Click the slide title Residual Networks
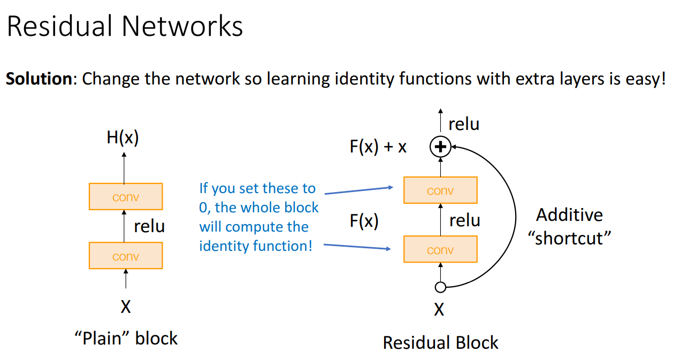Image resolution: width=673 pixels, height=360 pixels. point(125,27)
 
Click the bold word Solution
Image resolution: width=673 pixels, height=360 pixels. point(39,79)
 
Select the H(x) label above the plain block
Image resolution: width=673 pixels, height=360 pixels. point(123,139)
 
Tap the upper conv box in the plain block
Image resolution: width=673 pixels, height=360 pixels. point(126,196)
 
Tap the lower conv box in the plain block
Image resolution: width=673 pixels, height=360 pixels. point(126,256)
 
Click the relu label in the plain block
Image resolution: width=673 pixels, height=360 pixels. point(149,226)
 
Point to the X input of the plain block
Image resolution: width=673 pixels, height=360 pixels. point(126,307)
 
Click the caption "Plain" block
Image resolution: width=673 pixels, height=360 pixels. point(126,338)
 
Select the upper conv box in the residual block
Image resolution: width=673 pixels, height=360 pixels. point(440,190)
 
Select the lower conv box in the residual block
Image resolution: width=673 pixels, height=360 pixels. point(440,249)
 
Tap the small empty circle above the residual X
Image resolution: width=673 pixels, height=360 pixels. point(440,288)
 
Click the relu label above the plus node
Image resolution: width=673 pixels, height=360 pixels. point(464,124)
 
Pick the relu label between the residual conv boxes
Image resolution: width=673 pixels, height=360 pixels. point(464,220)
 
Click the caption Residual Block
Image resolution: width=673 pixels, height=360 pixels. point(440,342)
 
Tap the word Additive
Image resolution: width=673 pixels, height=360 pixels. point(569,215)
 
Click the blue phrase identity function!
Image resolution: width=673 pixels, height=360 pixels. point(256,246)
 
